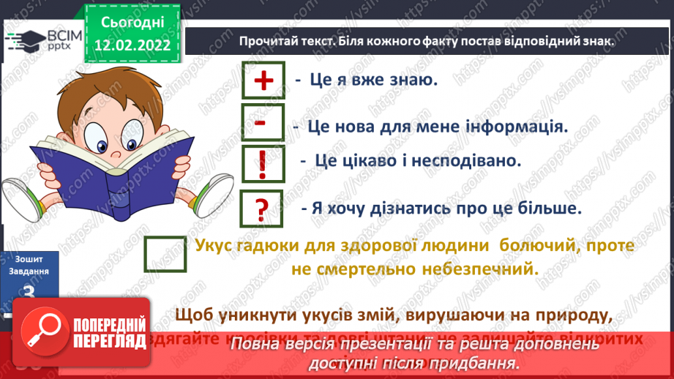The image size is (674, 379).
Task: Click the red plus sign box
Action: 263,80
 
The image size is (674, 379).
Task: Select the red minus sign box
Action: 262,124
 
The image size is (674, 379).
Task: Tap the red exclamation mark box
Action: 262,165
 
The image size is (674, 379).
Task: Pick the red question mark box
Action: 262,210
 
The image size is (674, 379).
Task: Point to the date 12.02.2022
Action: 132,45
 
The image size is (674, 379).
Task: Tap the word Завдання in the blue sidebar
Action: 29,271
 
